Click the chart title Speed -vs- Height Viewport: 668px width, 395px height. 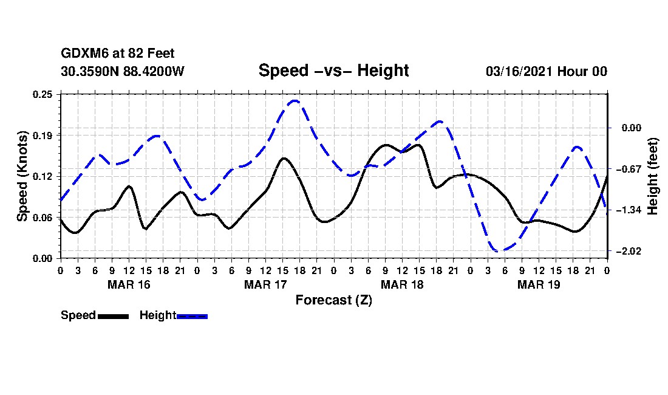pyautogui.click(x=333, y=70)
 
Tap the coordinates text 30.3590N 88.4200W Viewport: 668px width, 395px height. pyautogui.click(x=123, y=71)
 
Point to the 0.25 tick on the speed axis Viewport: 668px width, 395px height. pyautogui.click(x=43, y=94)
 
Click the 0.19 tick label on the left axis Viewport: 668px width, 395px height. pyautogui.click(x=43, y=135)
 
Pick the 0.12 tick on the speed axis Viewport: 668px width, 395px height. pyautogui.click(x=43, y=176)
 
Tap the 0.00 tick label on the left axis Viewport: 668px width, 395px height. pyautogui.click(x=43, y=258)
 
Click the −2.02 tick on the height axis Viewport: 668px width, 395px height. pyautogui.click(x=628, y=251)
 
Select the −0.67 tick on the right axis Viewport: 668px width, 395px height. pyautogui.click(x=628, y=169)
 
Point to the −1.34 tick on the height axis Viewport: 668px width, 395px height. pyautogui.click(x=628, y=210)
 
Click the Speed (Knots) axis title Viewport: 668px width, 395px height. pyautogui.click(x=22, y=176)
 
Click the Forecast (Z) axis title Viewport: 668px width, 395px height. pyautogui.click(x=333, y=300)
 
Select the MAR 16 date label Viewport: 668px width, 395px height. pyautogui.click(x=129, y=284)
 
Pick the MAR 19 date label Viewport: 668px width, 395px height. pyautogui.click(x=539, y=284)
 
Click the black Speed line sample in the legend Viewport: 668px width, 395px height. pyautogui.click(x=113, y=316)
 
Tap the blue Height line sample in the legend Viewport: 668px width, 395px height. pyautogui.click(x=192, y=316)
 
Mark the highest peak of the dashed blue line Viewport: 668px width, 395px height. pyautogui.click(x=295, y=101)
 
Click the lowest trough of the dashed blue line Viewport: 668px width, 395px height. pyautogui.click(x=498, y=250)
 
